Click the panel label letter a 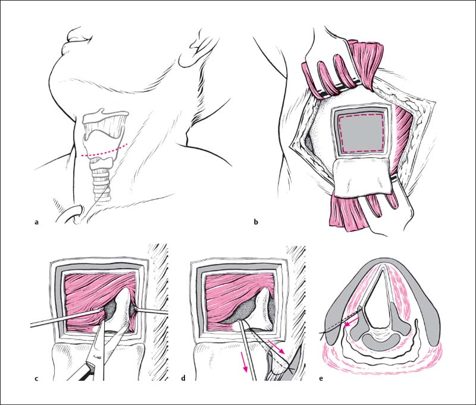(x=37, y=222)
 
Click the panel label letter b (x=256, y=222)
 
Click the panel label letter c (x=36, y=378)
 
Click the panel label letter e (x=321, y=378)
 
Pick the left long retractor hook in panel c (x=67, y=318)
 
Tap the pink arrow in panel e (x=352, y=321)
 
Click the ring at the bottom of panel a (x=74, y=214)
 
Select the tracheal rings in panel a (x=100, y=182)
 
